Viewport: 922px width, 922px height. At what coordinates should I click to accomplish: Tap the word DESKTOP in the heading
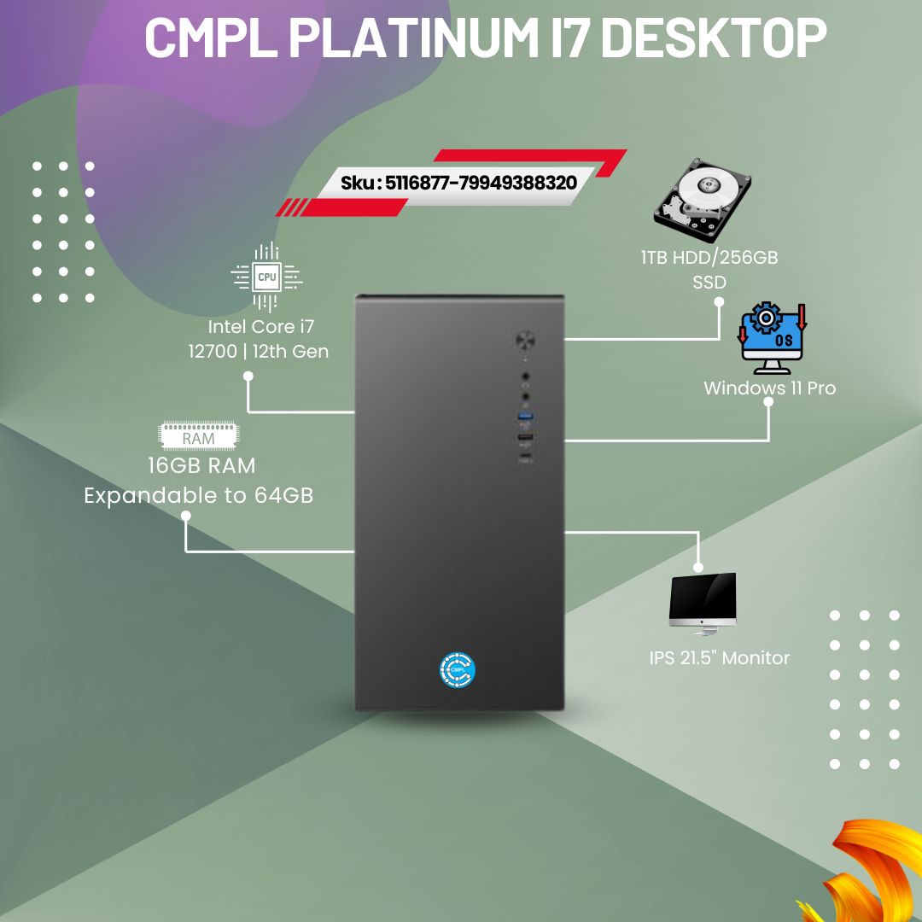tap(715, 37)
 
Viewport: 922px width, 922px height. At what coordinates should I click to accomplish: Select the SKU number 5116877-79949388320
tap(481, 182)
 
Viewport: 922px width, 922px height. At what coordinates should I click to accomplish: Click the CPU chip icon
tap(267, 276)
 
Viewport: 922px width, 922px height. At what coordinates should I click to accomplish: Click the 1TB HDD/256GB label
tap(709, 258)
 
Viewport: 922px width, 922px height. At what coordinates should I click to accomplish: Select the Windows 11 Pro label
tap(769, 388)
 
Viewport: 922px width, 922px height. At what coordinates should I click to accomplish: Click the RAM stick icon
tap(198, 436)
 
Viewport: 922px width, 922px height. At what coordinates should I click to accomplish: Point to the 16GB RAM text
tap(201, 466)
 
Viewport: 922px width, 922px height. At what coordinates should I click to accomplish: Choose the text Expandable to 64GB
tap(198, 495)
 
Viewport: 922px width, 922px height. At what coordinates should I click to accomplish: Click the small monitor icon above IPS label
tap(703, 603)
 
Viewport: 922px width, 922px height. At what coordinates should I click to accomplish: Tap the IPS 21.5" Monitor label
tap(718, 658)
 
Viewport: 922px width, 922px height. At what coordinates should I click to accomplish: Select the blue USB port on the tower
tap(524, 416)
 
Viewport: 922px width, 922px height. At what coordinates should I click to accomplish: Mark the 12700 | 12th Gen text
tap(258, 352)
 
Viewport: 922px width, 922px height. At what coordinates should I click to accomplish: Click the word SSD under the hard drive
tap(709, 283)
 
